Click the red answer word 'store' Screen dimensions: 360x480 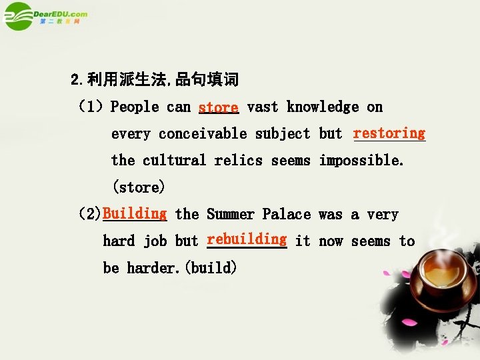coord(218,107)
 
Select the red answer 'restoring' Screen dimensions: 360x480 coord(389,133)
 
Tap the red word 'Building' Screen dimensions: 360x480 coord(135,213)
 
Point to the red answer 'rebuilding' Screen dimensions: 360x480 coord(247,239)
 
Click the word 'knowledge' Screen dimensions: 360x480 coord(323,107)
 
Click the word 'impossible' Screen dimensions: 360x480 coord(361,161)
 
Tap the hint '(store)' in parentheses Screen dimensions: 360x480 coord(138,187)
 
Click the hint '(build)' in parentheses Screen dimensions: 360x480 coord(211,268)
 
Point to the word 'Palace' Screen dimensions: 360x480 coord(287,214)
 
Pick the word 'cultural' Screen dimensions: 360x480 coord(174,161)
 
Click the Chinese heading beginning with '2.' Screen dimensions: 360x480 coord(154,81)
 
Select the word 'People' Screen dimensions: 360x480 coord(135,107)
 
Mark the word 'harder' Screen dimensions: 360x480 coord(153,268)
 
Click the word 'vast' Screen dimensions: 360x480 coord(263,107)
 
